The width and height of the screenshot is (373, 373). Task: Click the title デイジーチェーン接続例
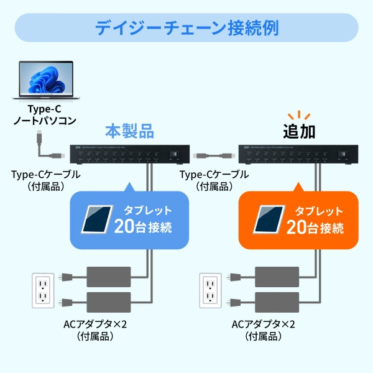(186, 28)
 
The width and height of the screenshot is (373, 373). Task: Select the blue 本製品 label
(129, 131)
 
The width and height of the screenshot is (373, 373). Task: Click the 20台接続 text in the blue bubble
(142, 225)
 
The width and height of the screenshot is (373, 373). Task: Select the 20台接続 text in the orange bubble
(315, 225)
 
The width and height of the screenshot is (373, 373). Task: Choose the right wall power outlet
(211, 290)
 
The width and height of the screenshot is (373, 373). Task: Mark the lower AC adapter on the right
(278, 302)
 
